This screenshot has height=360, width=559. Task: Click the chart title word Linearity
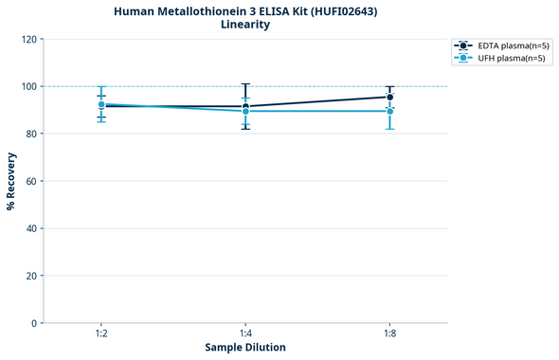coord(244,25)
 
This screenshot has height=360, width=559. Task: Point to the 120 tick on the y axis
coord(29,39)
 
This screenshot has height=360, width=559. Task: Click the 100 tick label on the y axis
coord(29,86)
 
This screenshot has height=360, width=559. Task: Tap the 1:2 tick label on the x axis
coord(100,334)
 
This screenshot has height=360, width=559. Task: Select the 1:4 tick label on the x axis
coord(245,334)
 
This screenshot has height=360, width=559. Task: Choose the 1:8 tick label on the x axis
coord(389,334)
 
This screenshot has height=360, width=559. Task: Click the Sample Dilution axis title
coord(245,348)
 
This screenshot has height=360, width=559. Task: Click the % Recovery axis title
coord(11,181)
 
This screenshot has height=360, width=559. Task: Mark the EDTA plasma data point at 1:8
coord(389,97)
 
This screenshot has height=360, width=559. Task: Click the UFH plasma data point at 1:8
coord(389,111)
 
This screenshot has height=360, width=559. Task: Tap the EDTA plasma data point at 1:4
coord(245,106)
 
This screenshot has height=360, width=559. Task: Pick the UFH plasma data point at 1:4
coord(245,111)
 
